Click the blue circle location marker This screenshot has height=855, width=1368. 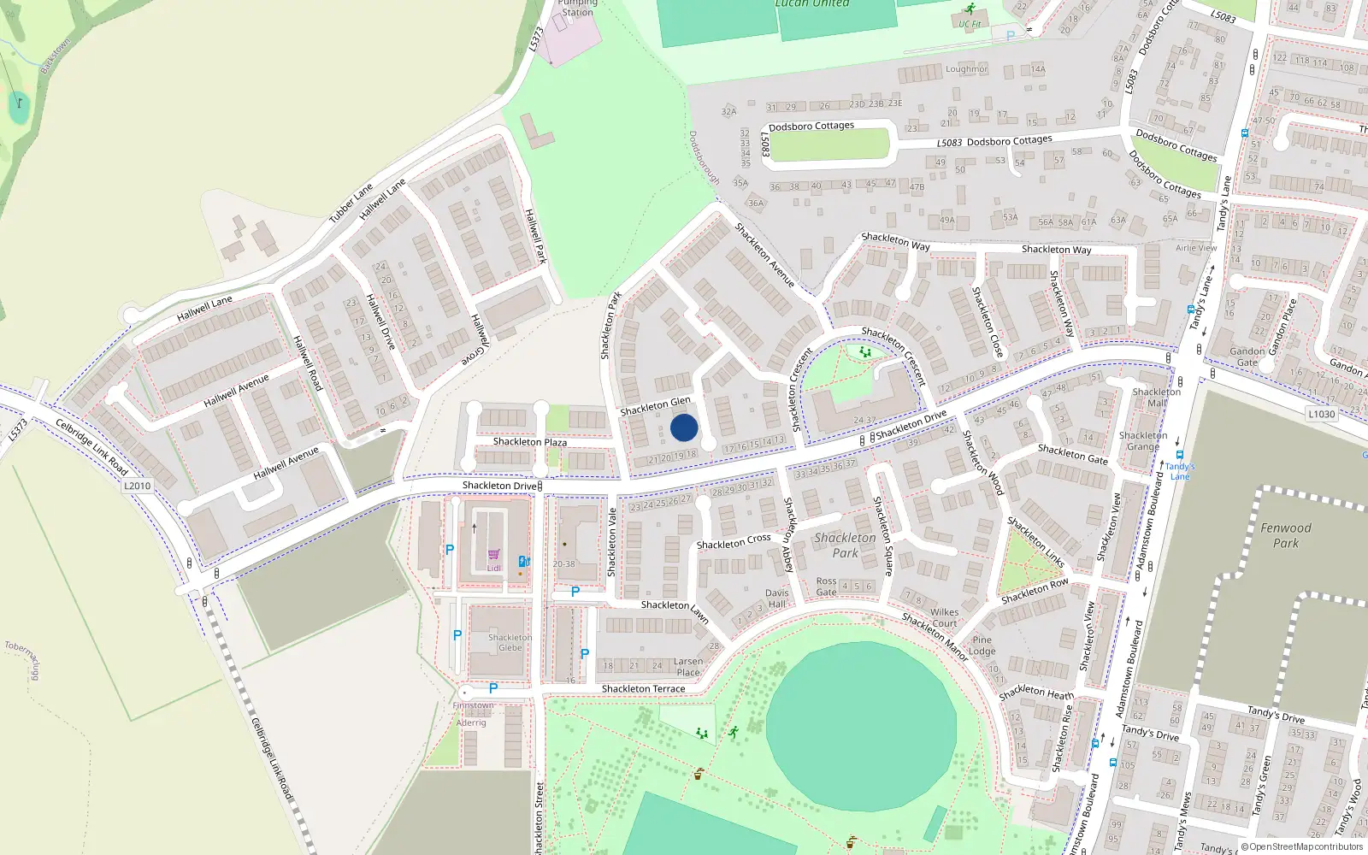click(684, 427)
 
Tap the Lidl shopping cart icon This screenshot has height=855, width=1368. click(494, 555)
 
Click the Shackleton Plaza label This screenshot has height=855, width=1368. click(529, 442)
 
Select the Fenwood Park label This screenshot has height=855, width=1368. click(1285, 535)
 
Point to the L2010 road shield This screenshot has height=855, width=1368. click(137, 486)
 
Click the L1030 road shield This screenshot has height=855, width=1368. click(1321, 414)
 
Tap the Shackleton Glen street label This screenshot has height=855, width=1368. click(655, 406)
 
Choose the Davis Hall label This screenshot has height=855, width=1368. click(777, 598)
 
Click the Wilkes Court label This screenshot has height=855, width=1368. click(945, 617)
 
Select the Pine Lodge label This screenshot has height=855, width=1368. click(982, 646)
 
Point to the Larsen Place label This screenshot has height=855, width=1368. click(688, 667)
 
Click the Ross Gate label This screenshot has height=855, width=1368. click(826, 587)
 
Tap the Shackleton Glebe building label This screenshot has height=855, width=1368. click(510, 642)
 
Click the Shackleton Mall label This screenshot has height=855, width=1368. click(1156, 398)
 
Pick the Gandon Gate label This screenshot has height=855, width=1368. click(1247, 357)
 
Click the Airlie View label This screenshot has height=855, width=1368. click(1196, 248)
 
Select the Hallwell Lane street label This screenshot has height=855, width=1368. click(204, 309)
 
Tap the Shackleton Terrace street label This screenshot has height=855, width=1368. click(643, 688)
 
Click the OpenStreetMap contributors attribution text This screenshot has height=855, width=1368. click(1306, 847)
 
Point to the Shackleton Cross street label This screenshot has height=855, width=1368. click(734, 542)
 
